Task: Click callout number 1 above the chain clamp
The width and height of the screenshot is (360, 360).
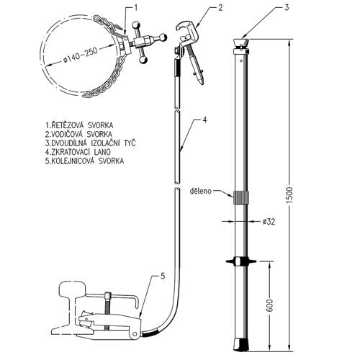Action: tap(136, 8)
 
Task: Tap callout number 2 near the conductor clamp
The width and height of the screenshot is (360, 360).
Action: tap(220, 8)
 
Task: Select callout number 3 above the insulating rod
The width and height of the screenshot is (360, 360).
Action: tap(287, 8)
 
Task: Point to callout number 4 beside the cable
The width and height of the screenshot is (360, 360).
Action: tap(204, 120)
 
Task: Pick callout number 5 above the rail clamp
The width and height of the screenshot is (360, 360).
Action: tap(163, 276)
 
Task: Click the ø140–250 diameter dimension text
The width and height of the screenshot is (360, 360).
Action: tap(81, 55)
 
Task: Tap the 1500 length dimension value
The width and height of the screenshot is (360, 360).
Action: tap(289, 195)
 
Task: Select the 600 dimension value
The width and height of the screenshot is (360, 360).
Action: tap(269, 305)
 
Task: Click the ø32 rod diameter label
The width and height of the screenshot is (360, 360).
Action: tap(269, 222)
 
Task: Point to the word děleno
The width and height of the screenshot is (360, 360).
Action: tap(201, 191)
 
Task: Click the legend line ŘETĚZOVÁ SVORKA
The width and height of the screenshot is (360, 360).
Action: tap(79, 125)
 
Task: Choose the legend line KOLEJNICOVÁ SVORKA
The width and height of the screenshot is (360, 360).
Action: tap(84, 161)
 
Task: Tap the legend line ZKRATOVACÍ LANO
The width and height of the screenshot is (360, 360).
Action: tap(78, 152)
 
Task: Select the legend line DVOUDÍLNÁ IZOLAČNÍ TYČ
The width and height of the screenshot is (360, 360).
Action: tap(90, 143)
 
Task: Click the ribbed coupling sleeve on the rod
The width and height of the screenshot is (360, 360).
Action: tap(241, 198)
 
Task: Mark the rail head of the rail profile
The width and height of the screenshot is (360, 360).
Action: tap(73, 289)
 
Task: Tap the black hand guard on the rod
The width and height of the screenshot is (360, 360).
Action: tap(241, 261)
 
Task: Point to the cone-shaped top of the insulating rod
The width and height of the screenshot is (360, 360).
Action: tap(241, 43)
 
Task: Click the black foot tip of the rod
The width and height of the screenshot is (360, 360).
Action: tap(240, 345)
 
